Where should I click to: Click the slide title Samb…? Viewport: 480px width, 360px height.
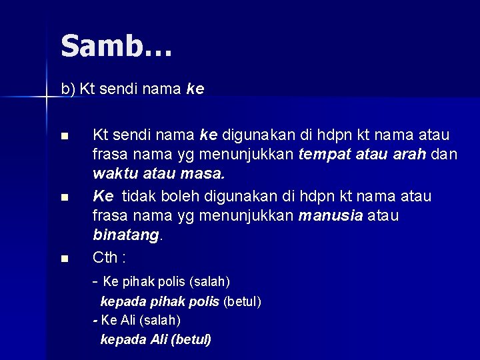116,47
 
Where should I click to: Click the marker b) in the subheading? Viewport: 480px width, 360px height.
68,88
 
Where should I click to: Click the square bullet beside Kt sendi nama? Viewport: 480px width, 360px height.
63,137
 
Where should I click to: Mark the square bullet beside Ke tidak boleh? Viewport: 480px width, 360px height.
63,197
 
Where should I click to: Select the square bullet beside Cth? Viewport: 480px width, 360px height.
63,258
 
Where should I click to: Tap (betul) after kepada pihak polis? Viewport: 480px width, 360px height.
242,301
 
